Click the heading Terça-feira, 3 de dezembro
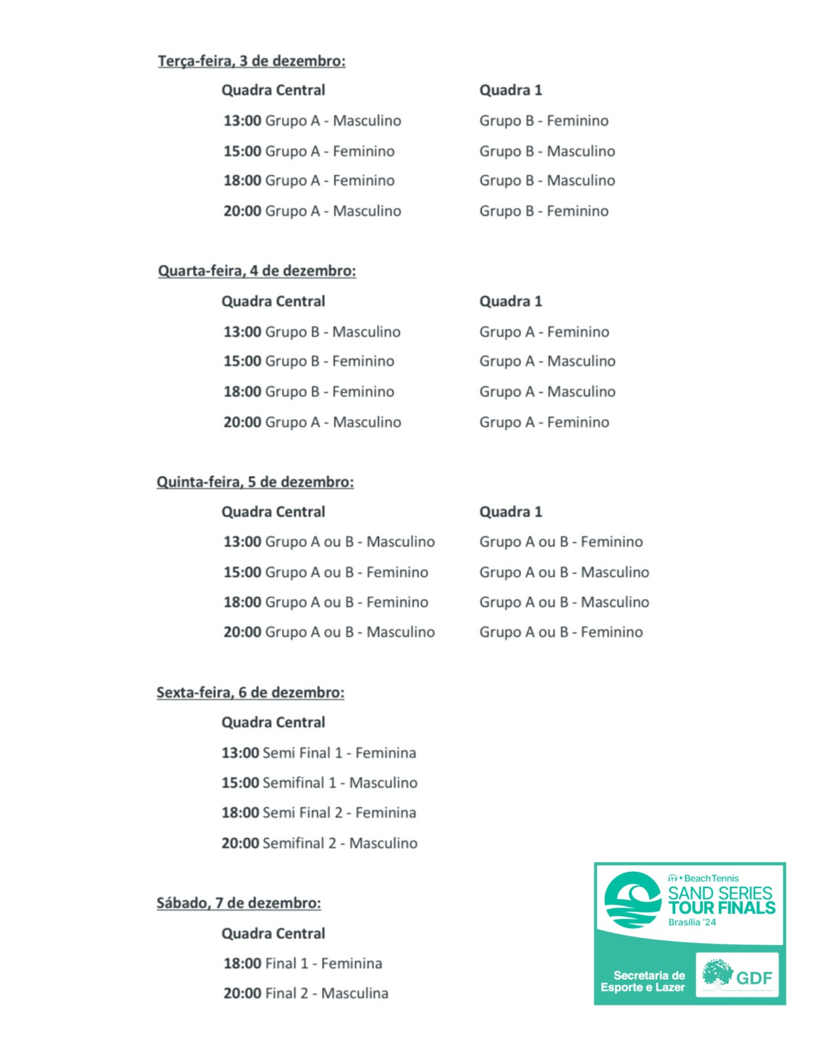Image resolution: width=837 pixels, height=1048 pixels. click(x=251, y=61)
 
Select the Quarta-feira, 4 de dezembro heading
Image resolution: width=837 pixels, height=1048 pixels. click(x=257, y=271)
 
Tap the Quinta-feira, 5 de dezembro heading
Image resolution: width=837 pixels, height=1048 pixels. click(x=255, y=482)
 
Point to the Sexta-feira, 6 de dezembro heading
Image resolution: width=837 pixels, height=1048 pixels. click(x=250, y=693)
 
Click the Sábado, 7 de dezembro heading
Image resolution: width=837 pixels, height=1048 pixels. click(x=238, y=903)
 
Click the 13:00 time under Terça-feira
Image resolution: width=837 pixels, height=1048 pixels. click(x=242, y=121)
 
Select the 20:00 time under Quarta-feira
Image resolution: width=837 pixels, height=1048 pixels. click(x=242, y=422)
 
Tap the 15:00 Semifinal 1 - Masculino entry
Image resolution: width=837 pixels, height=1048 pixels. click(x=319, y=783)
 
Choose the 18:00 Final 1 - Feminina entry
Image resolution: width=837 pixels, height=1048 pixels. click(x=302, y=964)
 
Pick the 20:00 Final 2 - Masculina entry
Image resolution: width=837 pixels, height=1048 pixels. click(x=306, y=994)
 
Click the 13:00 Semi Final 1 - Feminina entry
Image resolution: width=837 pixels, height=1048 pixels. click(x=319, y=753)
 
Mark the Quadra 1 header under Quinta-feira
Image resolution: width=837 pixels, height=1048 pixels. click(x=510, y=512)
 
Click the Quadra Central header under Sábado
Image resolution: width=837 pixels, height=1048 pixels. click(x=273, y=934)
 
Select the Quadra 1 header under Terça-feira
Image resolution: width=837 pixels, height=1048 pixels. click(x=510, y=90)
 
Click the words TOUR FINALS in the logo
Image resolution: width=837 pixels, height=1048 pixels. click(x=721, y=908)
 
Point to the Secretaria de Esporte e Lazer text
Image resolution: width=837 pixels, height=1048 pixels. click(x=643, y=981)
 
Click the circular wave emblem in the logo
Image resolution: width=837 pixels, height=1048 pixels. click(x=632, y=900)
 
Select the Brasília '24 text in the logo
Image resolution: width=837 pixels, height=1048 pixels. click(x=692, y=922)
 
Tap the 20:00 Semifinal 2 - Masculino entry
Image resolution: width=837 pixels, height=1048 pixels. click(x=319, y=844)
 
